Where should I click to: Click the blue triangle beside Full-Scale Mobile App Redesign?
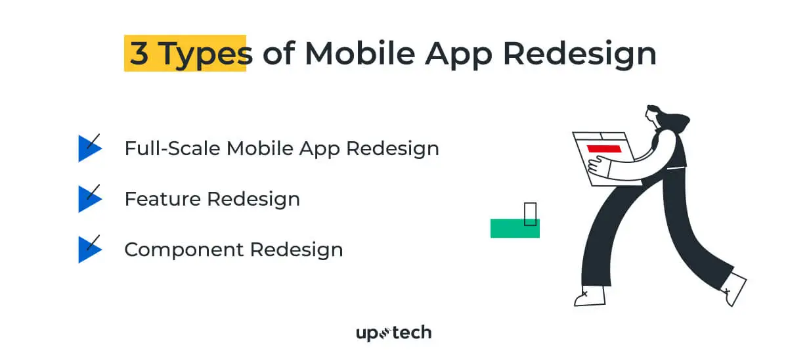[x=88, y=148]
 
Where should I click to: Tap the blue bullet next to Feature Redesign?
[x=88, y=198]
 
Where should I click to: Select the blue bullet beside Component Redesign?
[x=88, y=250]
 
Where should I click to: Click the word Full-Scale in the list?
[x=173, y=148]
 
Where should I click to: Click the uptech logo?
[x=393, y=333]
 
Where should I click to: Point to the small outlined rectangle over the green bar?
[x=531, y=214]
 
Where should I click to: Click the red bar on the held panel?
[x=603, y=149]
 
